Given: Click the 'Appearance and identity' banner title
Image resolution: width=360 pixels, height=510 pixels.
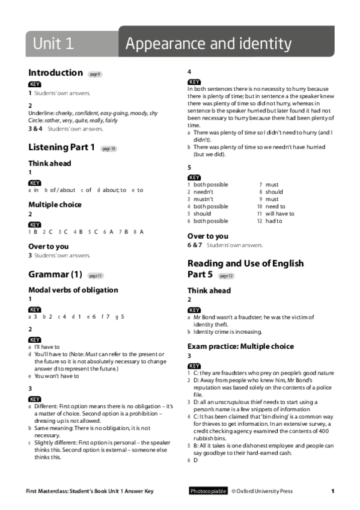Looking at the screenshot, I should pos(209,43).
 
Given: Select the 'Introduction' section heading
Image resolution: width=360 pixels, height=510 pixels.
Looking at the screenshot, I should pos(55,73).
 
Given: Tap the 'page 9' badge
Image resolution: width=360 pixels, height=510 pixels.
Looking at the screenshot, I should pos(95,74).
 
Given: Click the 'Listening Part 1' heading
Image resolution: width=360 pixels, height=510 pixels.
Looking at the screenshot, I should pos(61,147).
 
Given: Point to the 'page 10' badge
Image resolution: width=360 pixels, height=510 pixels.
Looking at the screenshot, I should pos(108,149).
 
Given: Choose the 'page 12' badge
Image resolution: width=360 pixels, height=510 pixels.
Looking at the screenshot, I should pos(226,276).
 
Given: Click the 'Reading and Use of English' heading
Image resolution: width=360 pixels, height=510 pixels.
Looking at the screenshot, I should pos(245,263).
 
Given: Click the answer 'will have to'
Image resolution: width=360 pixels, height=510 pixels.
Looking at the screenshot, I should pos(279,214).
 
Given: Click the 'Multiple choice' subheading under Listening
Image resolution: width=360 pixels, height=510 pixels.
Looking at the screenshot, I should pos(55,204).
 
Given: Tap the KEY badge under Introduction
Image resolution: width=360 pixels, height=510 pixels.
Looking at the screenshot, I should pos(35,84).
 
